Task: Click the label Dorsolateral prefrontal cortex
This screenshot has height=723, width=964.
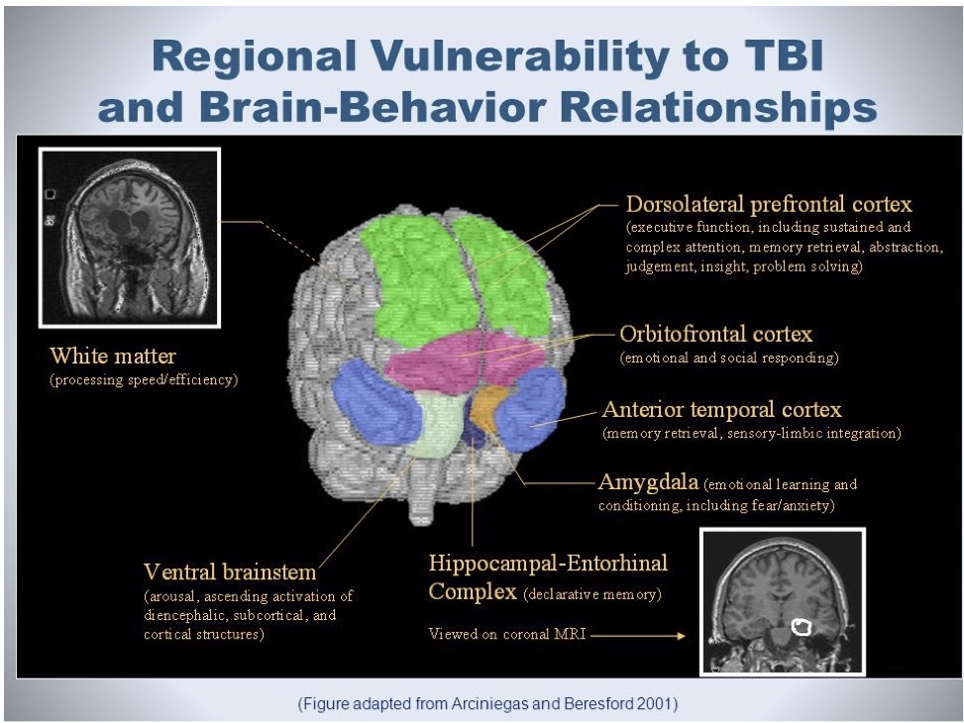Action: [769, 205]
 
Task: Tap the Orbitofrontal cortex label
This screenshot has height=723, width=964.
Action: [715, 334]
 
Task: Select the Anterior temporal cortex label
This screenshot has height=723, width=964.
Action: [721, 409]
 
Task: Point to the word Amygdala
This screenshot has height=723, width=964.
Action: [648, 483]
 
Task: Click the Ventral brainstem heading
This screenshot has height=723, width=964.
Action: [230, 571]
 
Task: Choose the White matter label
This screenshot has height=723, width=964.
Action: [113, 356]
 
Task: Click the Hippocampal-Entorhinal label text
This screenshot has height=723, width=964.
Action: [548, 564]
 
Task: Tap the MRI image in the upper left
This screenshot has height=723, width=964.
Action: [128, 238]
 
